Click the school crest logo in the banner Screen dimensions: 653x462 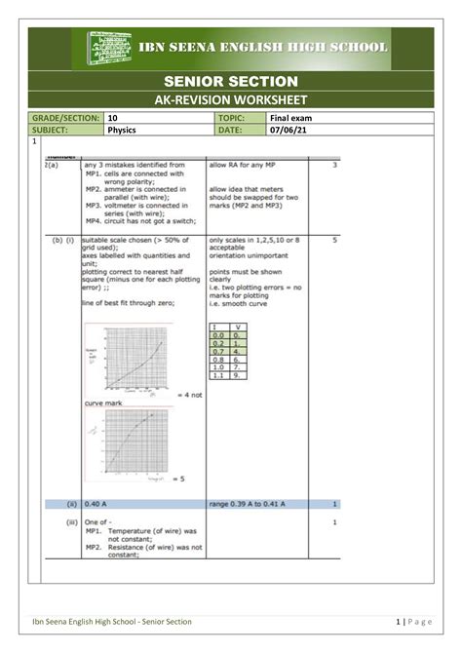click(x=113, y=48)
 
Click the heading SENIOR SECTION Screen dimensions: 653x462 click(x=232, y=79)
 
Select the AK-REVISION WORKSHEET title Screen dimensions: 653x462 click(x=232, y=100)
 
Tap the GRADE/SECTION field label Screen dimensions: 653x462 click(x=64, y=118)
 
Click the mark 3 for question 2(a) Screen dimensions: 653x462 click(x=334, y=166)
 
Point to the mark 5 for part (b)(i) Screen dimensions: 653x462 click(x=334, y=239)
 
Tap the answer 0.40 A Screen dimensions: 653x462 click(x=96, y=504)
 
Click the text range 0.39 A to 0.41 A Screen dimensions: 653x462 click(x=247, y=504)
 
